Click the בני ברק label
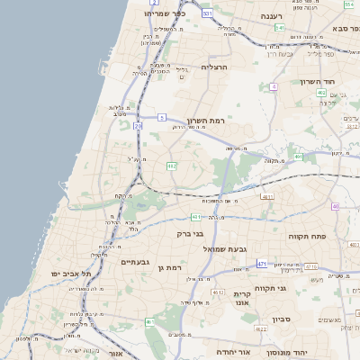pos(191,233)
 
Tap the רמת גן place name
pos(168,267)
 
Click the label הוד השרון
pos(317,82)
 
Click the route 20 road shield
pos(138,127)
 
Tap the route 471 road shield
pos(261,264)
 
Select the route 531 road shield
pos(207,14)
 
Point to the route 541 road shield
pos(280,28)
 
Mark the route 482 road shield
pos(172,166)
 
